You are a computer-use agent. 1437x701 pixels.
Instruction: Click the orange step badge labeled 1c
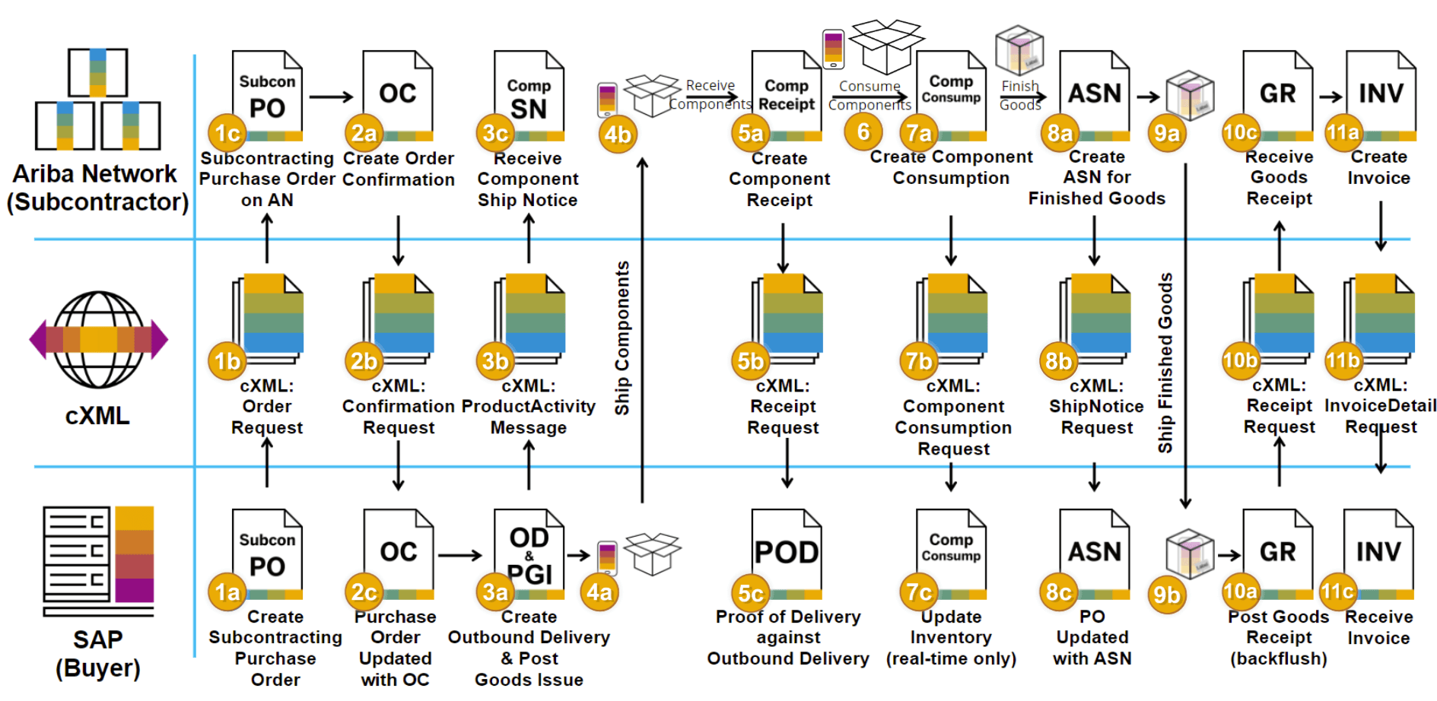coord(227,134)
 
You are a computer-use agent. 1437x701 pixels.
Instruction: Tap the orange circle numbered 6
coord(863,132)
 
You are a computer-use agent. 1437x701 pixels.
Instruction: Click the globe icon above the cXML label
coord(98,339)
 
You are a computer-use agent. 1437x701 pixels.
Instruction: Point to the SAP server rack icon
coord(98,561)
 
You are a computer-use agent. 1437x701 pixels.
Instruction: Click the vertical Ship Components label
coord(622,338)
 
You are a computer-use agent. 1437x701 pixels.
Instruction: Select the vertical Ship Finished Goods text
coord(1165,363)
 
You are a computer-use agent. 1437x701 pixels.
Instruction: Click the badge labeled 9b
coord(1166,595)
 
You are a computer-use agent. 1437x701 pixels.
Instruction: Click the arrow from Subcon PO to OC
coord(331,97)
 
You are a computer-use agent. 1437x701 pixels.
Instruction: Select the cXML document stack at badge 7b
coord(953,316)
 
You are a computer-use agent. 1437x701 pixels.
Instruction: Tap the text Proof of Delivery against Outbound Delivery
coord(788,637)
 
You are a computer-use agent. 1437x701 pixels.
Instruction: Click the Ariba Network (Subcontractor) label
coord(97,188)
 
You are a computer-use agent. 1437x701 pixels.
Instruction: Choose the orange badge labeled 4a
coord(599,592)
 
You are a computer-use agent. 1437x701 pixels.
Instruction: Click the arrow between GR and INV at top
coord(1330,97)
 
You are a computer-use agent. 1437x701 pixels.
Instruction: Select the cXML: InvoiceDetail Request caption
coord(1380,406)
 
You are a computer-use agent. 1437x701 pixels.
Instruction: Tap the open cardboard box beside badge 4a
coord(652,553)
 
